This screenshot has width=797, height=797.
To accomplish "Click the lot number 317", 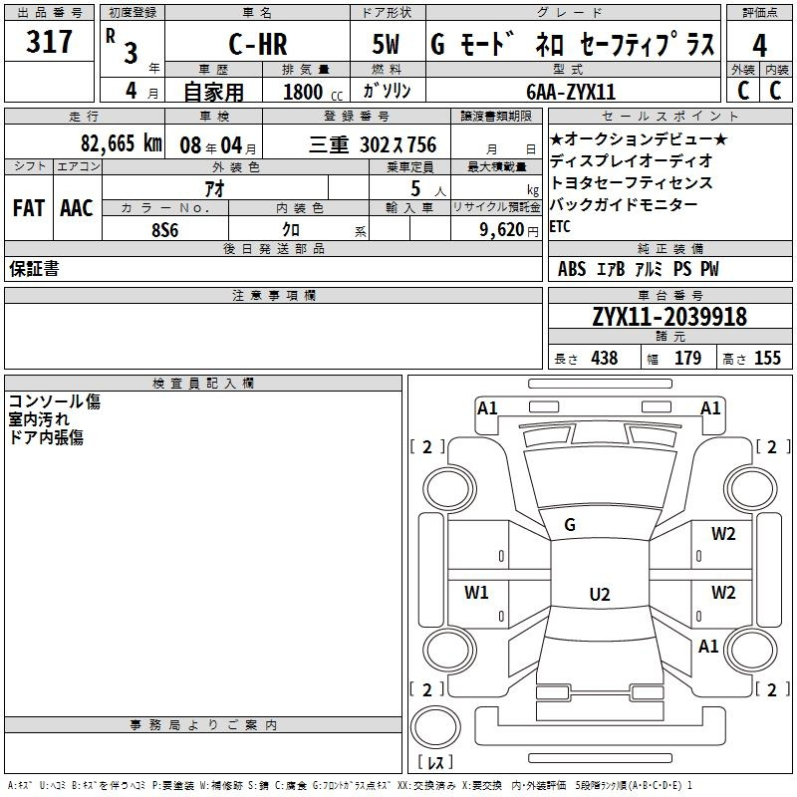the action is (50, 43).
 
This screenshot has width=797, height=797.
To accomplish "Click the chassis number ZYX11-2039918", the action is (669, 318).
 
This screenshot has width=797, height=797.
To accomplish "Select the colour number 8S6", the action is (165, 229).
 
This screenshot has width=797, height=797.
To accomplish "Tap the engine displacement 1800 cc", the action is (306, 92).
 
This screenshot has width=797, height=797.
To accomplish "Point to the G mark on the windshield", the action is (570, 525).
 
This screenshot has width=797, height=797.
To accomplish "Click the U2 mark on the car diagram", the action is (599, 594).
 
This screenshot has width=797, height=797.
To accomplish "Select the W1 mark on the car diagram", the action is (477, 593).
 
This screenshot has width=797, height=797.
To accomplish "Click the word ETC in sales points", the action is (561, 226).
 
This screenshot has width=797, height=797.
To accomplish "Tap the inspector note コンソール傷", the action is (55, 401).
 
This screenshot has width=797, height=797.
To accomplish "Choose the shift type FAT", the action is (28, 207).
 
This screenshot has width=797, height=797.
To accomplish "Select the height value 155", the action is (767, 359).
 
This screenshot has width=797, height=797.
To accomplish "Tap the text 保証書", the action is (34, 269).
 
